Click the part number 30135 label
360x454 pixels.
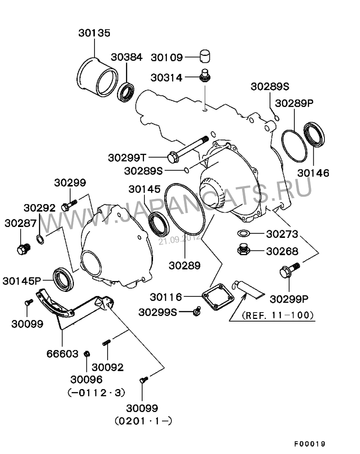click(x=94, y=33)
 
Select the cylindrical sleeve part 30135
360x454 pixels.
click(x=97, y=77)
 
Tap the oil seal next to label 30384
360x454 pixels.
click(x=126, y=91)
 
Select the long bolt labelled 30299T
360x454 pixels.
click(x=189, y=148)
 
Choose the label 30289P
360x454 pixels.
click(x=294, y=103)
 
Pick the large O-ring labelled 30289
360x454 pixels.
click(x=185, y=212)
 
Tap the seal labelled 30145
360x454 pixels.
click(x=159, y=224)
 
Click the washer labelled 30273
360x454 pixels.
click(x=243, y=234)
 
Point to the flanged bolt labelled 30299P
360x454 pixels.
click(x=288, y=270)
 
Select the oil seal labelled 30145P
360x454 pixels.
click(x=63, y=279)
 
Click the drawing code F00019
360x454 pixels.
click(x=310, y=444)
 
